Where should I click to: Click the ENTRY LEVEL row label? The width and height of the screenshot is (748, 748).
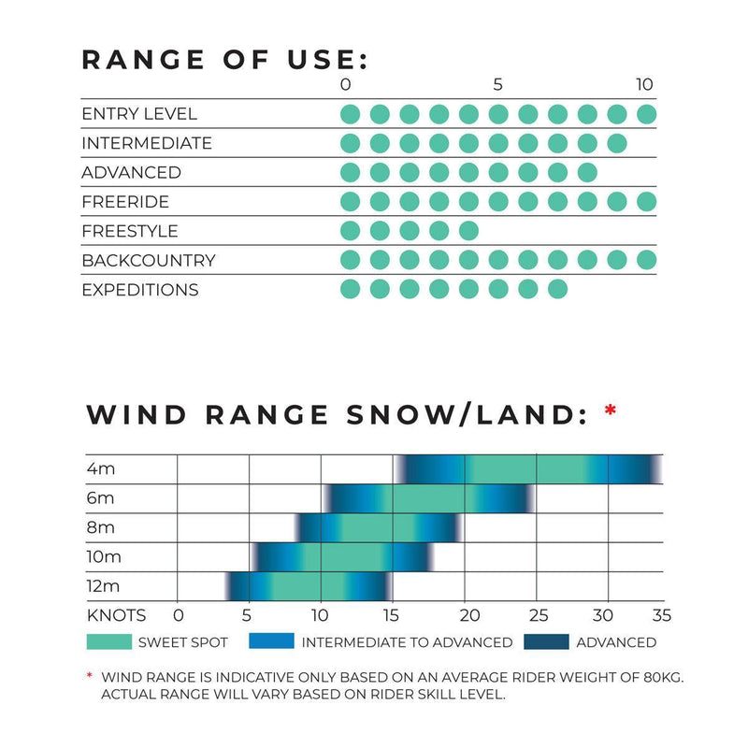pos(139,114)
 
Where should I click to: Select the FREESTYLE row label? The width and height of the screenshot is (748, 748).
pos(129,231)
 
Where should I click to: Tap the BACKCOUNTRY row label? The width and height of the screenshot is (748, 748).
pos(148,260)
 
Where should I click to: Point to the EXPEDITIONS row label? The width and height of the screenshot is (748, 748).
pos(139,290)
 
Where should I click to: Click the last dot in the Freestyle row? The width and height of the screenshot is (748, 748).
pos(468,231)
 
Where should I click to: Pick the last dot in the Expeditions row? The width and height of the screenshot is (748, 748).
pos(557,289)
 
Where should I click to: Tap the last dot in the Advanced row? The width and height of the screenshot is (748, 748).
pos(587,173)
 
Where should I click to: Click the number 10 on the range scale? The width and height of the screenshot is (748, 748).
pos(644,85)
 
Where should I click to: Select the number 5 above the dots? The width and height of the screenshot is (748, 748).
pos(497,85)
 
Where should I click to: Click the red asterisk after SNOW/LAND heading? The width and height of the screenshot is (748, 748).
pos(611,410)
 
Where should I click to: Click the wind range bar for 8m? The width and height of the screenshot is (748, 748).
pos(379,528)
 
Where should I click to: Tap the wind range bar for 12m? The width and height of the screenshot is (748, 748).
pos(307,586)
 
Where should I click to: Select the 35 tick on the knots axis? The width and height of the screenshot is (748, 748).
pos(661,615)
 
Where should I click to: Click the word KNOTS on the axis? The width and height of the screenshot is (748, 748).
pos(116,615)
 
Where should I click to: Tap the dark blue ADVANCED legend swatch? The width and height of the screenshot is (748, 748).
pos(545,641)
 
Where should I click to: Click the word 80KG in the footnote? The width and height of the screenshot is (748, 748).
pos(659,676)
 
